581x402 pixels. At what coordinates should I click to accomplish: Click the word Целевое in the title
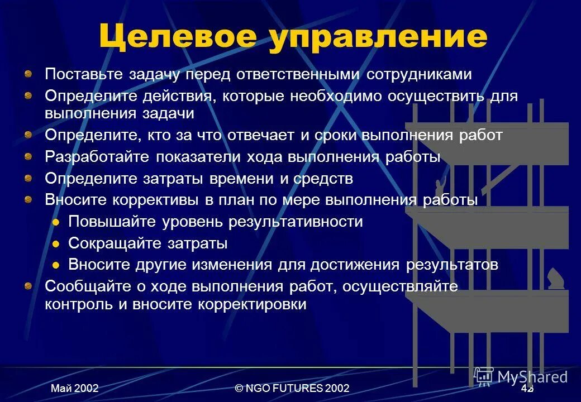[178, 37]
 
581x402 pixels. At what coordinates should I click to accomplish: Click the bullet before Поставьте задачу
[28, 73]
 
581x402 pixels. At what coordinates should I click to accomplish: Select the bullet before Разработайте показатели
[28, 156]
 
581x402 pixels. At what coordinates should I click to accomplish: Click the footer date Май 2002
[75, 388]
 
